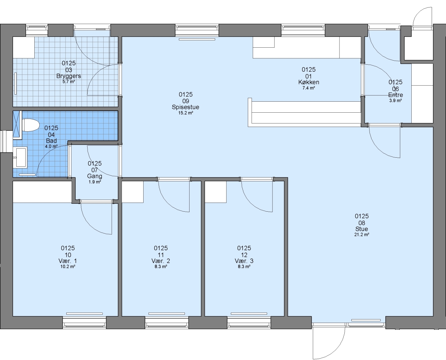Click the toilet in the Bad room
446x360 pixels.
(x=31, y=125)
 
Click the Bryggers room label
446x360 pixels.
(x=69, y=76)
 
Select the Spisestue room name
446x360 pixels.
(x=186, y=107)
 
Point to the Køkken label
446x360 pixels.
(x=308, y=82)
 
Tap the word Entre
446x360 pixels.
(x=395, y=95)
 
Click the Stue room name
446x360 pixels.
(x=362, y=229)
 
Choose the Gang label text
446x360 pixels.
(x=95, y=176)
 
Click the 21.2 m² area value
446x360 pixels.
(x=362, y=235)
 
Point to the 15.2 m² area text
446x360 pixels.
(x=186, y=113)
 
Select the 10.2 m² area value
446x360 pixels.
(x=68, y=266)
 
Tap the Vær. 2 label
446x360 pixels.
(x=161, y=261)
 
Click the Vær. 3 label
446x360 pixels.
(x=244, y=261)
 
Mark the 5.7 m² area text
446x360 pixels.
(x=69, y=81)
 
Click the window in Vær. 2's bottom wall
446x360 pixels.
(x=167, y=323)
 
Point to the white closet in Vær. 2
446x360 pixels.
(x=133, y=192)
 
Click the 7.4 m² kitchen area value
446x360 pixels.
(x=308, y=88)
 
